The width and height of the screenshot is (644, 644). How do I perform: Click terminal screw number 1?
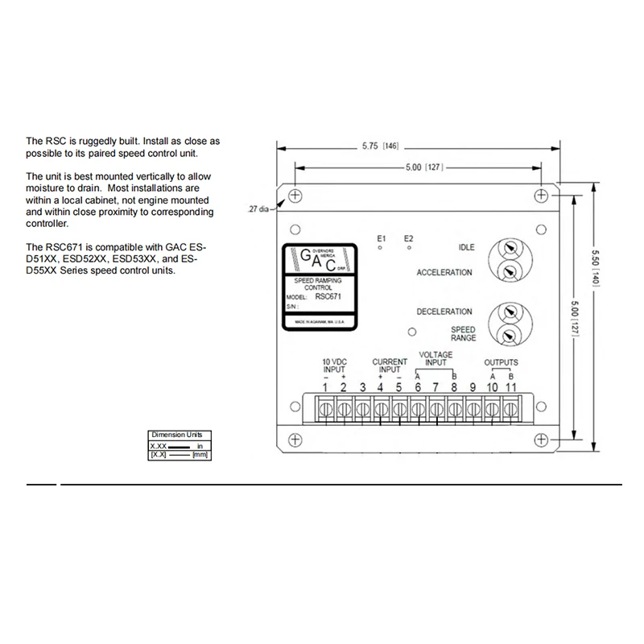325,410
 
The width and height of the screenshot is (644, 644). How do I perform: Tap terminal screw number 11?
510,410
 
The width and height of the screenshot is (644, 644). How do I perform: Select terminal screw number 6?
418,410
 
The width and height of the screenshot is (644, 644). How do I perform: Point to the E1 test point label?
382,238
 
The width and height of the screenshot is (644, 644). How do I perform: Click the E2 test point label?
408,238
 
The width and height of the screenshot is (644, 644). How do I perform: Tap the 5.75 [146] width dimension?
381,147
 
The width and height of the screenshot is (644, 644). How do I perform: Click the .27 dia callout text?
258,208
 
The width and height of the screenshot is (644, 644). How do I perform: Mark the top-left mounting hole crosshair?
295,196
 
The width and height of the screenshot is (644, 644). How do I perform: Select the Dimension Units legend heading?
176,435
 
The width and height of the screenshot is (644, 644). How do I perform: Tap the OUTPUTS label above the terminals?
501,363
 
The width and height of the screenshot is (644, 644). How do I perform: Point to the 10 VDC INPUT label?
334,365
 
